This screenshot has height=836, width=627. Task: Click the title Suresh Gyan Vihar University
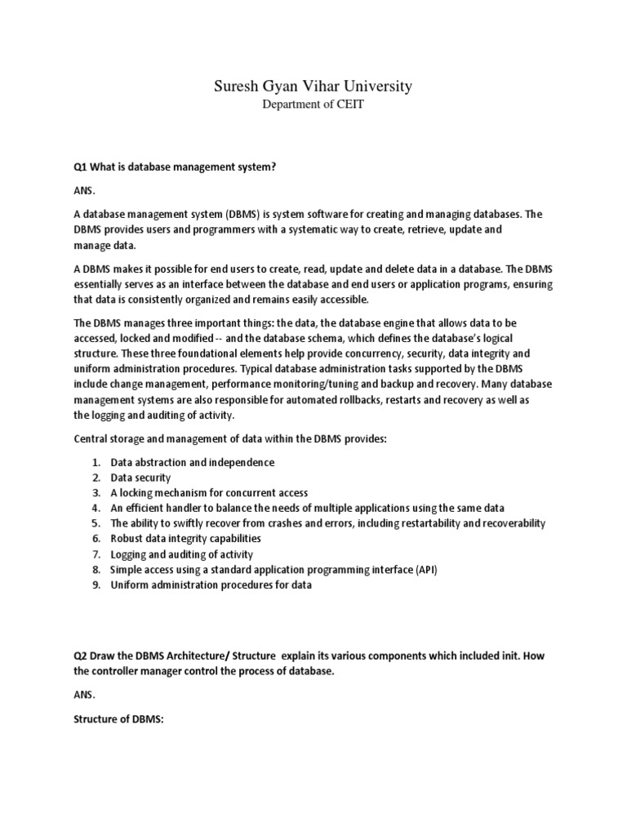[313, 86]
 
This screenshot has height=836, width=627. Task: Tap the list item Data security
[140, 478]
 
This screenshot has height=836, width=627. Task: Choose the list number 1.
[96, 462]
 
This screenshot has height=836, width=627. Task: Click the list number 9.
[96, 585]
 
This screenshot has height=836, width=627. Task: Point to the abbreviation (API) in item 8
[426, 569]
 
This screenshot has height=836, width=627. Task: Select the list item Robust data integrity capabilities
[185, 539]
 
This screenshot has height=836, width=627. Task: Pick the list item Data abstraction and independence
[192, 462]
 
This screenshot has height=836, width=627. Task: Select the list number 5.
[96, 523]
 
